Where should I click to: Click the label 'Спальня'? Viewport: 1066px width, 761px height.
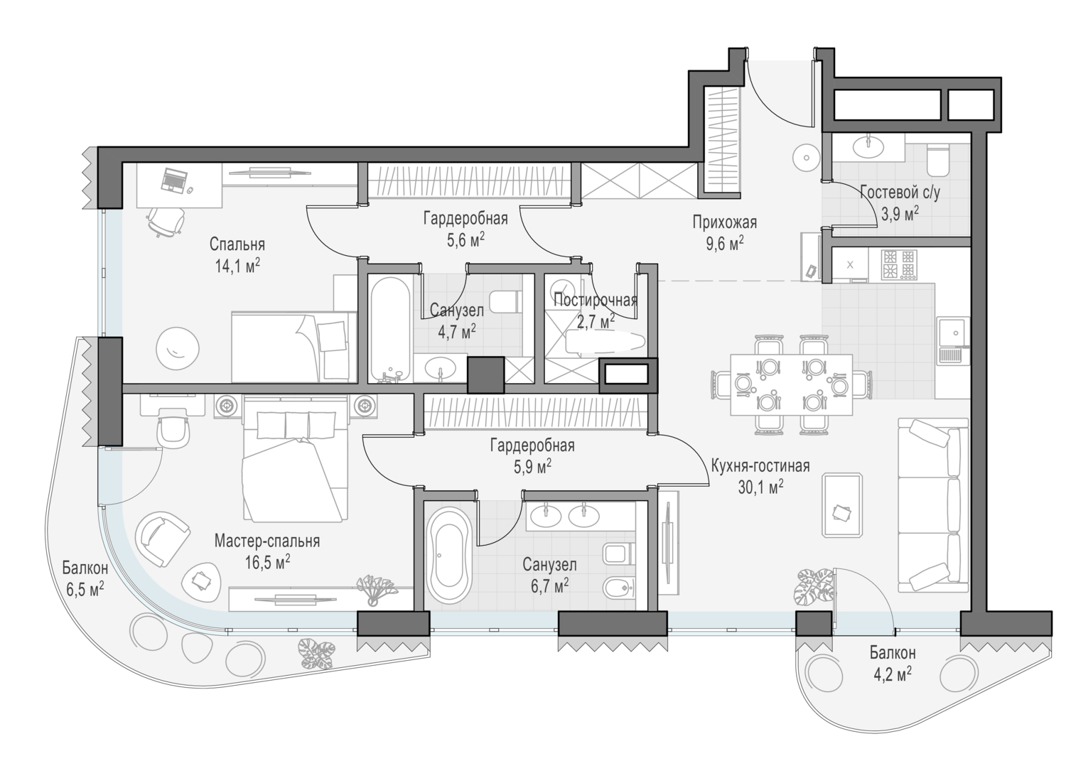[237, 244]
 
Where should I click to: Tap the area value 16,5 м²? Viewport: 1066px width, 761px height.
[267, 562]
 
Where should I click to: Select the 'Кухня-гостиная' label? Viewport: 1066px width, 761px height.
[760, 465]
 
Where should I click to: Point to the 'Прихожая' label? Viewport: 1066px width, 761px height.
[724, 222]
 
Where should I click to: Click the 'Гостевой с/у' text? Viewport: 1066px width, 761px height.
[900, 193]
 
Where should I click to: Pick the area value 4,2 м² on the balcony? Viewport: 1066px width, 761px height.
[893, 674]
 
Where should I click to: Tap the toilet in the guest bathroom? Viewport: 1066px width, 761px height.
[938, 159]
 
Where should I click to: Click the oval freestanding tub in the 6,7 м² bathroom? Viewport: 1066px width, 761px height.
[449, 556]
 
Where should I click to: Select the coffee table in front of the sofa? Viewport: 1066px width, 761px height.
[842, 505]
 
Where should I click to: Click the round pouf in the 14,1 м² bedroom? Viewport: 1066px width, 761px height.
[178, 348]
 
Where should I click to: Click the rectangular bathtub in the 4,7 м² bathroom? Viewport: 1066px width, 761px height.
[389, 329]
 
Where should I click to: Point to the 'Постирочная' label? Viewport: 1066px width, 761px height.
[596, 301]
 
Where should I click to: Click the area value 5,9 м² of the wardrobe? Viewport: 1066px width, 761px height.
[532, 467]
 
